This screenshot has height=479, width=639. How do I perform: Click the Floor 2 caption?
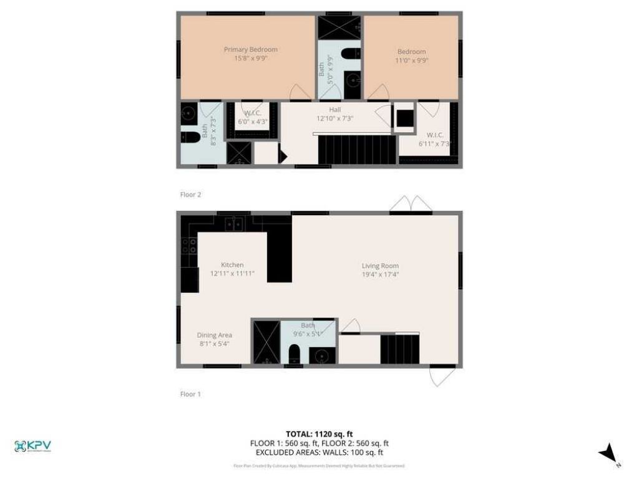190,195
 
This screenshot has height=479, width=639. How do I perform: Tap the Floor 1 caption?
190,394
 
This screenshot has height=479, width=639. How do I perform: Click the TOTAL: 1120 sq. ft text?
319,433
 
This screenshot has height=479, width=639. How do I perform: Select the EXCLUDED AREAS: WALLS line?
319,453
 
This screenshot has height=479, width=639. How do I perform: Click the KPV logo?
32,446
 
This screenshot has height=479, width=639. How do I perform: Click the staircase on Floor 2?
358,150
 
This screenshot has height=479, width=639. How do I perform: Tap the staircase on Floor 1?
400,349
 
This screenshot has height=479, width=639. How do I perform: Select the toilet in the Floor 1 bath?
295,355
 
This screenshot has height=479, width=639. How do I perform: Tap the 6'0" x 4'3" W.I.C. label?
252,117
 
